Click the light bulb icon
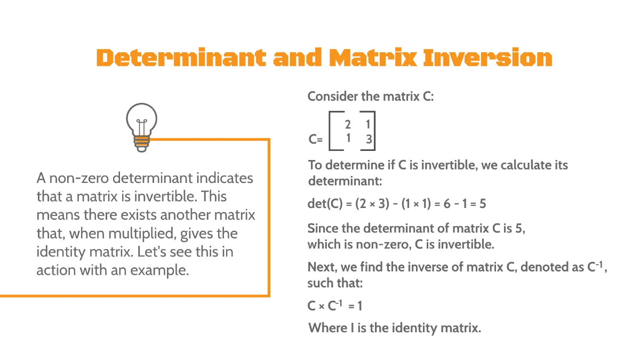141,127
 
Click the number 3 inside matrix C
368,140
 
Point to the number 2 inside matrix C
348,125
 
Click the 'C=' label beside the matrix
315,140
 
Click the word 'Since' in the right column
323,229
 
